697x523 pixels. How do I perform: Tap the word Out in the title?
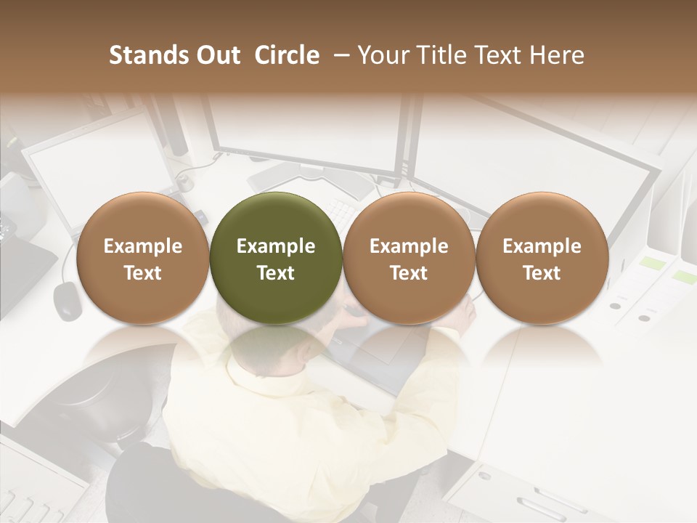pos(217,55)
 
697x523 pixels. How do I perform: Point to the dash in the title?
pos(339,56)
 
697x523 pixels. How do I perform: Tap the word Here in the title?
pos(558,55)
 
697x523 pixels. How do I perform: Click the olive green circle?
pos(275,258)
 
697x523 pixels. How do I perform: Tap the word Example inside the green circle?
pos(275,246)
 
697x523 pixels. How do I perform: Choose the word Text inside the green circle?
pos(275,273)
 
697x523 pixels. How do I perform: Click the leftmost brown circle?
pos(142,258)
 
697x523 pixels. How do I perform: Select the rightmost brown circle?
pos(542,258)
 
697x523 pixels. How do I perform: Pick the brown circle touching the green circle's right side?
pos(409,258)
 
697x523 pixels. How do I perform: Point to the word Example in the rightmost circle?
pos(542,246)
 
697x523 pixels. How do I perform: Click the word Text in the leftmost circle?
pos(142,273)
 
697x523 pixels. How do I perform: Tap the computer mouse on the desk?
pos(68,300)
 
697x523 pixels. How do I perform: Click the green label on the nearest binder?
pos(684,277)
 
